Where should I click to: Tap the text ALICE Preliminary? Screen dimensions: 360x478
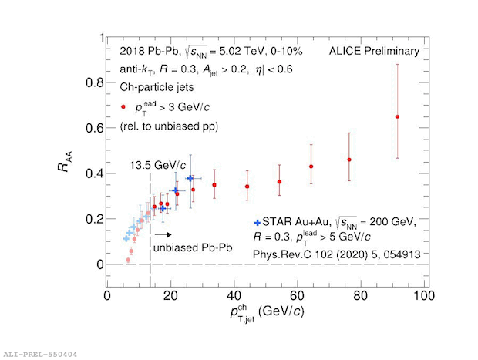point(374,52)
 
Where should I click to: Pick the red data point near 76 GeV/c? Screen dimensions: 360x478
point(349,160)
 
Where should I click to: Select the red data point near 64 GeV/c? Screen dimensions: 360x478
point(311,167)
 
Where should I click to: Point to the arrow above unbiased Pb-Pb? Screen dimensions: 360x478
point(163,234)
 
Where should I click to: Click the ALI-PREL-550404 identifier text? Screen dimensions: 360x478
point(40,354)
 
